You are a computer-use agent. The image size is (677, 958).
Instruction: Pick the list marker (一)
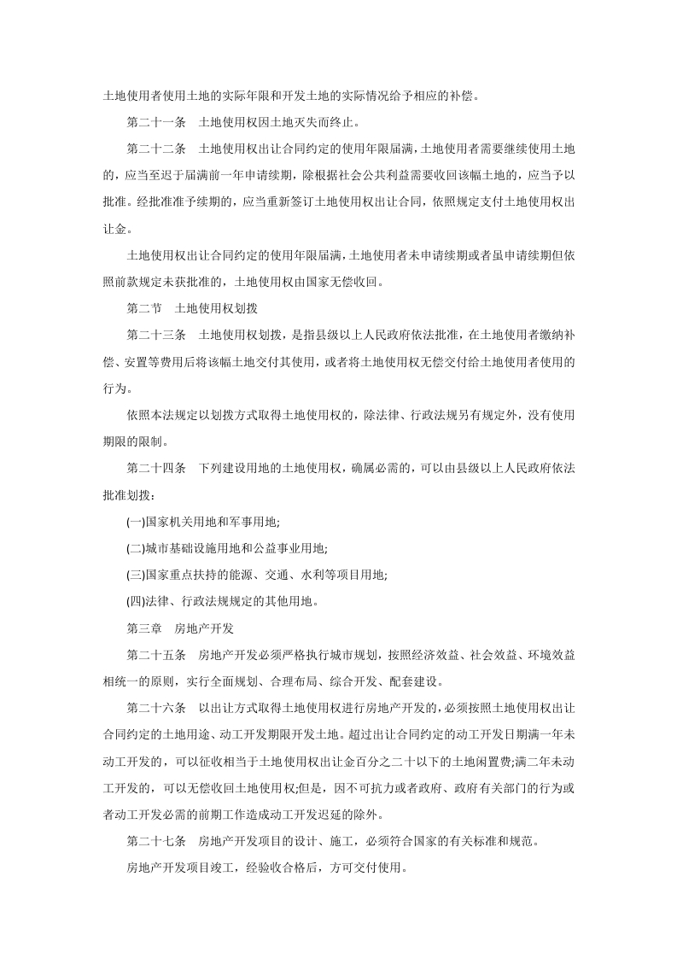pyautogui.click(x=134, y=521)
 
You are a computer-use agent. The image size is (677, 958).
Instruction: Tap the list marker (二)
pyautogui.click(x=134, y=547)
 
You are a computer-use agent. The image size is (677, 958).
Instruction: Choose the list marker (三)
pyautogui.click(x=134, y=575)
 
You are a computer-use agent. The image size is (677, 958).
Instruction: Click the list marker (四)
pyautogui.click(x=134, y=601)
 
